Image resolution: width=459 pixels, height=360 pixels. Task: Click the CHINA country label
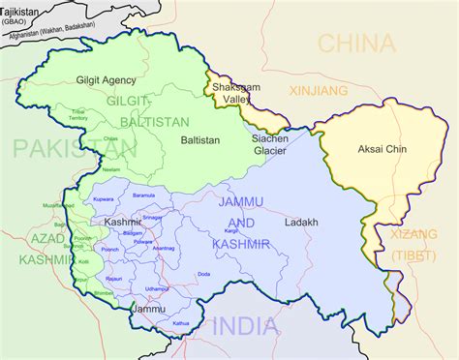357,44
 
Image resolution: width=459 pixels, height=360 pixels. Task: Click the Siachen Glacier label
269,144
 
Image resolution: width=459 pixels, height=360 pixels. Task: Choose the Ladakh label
301,222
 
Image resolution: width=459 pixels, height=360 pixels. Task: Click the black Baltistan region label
200,140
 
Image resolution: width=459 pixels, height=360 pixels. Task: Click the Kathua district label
180,321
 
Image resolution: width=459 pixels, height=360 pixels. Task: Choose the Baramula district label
143,195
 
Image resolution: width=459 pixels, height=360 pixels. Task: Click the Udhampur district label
157,288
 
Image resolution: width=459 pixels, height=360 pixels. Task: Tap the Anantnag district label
164,249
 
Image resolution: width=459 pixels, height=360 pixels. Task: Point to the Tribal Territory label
79,115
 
